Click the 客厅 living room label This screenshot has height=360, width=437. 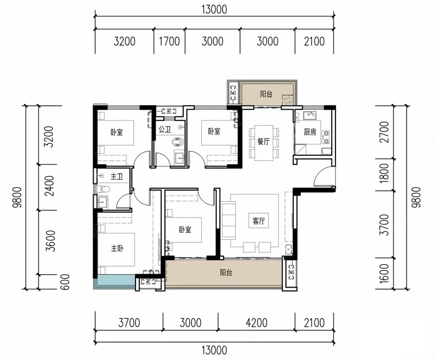pos(259,221)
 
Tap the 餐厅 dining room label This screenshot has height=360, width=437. pos(263,142)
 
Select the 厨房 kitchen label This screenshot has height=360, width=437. pos(310,132)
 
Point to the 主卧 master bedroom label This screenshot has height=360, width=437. pos(117,248)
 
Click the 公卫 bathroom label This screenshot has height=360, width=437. pos(164,129)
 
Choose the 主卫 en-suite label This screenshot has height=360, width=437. pos(116,176)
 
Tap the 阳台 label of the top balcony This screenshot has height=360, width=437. pos(266,94)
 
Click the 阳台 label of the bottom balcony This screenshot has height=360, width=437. pos(226,272)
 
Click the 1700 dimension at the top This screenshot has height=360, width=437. pos(169,41)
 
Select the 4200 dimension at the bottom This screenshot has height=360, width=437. pos(256,323)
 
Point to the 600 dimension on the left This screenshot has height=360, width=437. pos(65,282)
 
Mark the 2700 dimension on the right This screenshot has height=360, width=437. pos(384,132)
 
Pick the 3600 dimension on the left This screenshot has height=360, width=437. pos(51,241)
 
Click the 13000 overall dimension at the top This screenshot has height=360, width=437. pos(214,9)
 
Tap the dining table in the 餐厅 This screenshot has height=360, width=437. pos(264,143)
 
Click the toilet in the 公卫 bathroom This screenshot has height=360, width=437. pos(178,142)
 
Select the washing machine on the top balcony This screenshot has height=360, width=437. pos(288,100)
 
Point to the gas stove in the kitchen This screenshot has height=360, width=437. pos(326,137)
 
